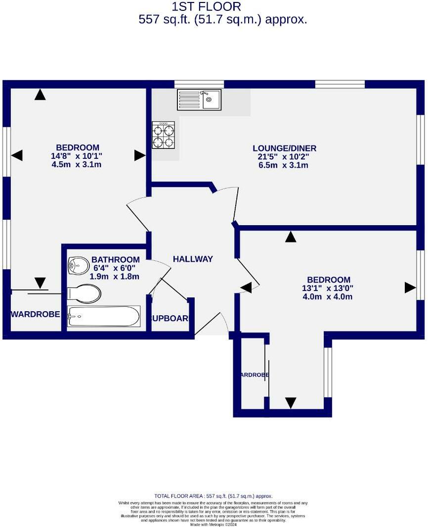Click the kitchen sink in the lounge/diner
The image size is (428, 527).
coord(199,99)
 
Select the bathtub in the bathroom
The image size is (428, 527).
coord(104,316)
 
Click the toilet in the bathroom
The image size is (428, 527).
coord(84,293)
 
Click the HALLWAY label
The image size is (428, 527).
coord(193,259)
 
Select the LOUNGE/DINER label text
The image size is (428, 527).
coord(284,148)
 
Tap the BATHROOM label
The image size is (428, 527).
coord(115,259)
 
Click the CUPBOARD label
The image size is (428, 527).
coord(170,318)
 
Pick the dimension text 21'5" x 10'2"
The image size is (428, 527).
coord(284,157)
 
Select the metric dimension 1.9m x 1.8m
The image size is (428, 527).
coord(114,277)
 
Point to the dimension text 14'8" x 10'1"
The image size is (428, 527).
coord(77,156)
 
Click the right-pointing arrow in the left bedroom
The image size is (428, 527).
coord(139,155)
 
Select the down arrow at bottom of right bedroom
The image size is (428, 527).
coord(291,403)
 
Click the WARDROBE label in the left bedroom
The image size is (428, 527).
coord(36,314)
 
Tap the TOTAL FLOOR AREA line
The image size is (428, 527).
coord(214,496)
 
